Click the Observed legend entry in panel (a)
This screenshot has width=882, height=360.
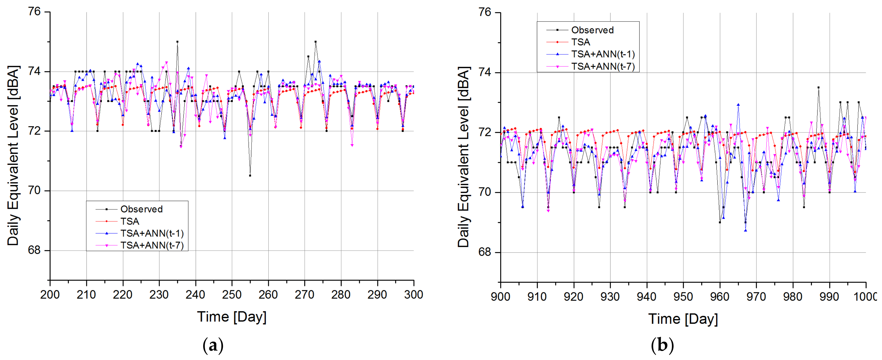tap(141, 209)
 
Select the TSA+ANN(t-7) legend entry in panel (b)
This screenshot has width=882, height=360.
tap(603, 66)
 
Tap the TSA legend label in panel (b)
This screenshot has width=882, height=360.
tap(581, 42)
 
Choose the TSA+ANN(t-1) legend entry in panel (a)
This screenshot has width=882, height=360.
tap(152, 233)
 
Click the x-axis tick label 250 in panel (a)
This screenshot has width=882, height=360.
tap(232, 295)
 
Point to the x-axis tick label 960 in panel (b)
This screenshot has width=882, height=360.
tap(720, 296)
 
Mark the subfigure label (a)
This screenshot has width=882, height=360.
tap(213, 346)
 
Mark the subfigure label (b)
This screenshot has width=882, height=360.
tap(662, 346)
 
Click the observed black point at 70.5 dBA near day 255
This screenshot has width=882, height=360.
tap(250, 176)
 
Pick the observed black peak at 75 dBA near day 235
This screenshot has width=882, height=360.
tap(177, 42)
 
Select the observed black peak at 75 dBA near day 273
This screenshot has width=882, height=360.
tap(315, 42)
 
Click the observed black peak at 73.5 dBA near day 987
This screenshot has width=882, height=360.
tap(818, 88)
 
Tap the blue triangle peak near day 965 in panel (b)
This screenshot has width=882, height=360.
tap(738, 105)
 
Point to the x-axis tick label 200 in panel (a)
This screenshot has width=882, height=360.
tap(50, 295)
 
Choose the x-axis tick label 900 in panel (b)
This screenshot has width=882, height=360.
tap(501, 296)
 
